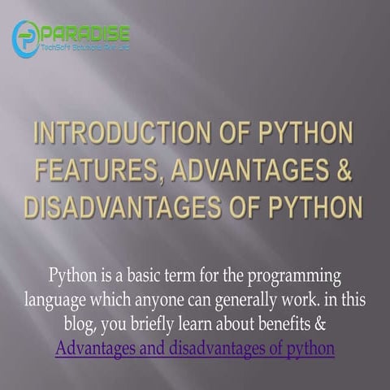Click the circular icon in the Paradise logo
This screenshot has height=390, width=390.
click(26, 38)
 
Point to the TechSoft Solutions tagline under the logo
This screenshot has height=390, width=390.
click(84, 48)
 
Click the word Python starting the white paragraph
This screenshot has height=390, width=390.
click(72, 275)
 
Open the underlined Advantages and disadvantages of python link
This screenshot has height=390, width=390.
click(195, 349)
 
